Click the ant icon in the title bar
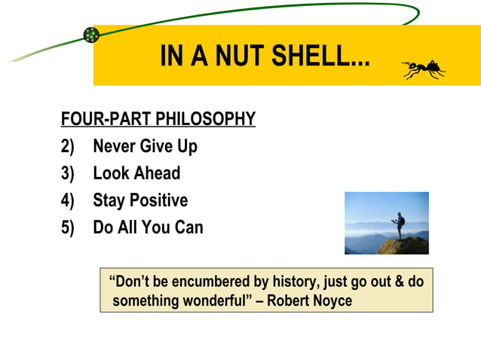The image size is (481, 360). click(x=423, y=70)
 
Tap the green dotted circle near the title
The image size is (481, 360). click(x=91, y=35)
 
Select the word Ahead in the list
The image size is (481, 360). click(x=158, y=173)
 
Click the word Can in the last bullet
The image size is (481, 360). click(x=188, y=227)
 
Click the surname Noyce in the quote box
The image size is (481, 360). click(x=330, y=301)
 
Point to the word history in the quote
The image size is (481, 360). click(x=293, y=282)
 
